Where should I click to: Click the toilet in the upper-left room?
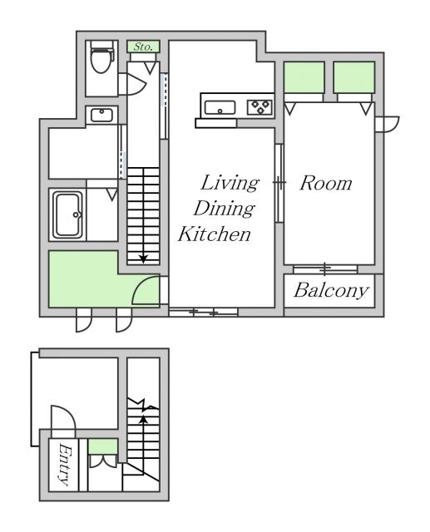tap(101, 57)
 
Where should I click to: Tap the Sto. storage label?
tap(143, 47)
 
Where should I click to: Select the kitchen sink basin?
tap(220, 107)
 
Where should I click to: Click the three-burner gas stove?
tap(259, 107)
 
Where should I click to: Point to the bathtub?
tap(68, 214)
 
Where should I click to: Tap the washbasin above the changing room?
tap(101, 115)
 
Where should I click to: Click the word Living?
tap(230, 183)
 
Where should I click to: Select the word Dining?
tap(224, 209)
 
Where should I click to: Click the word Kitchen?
tap(215, 234)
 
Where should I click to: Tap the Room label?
tap(326, 183)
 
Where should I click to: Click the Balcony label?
tap(331, 290)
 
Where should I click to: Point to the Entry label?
tap(65, 465)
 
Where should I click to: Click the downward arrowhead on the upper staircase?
tap(144, 259)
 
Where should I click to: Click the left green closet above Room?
tap(304, 77)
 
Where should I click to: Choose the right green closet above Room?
tap(354, 77)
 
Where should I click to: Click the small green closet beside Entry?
tap(103, 446)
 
